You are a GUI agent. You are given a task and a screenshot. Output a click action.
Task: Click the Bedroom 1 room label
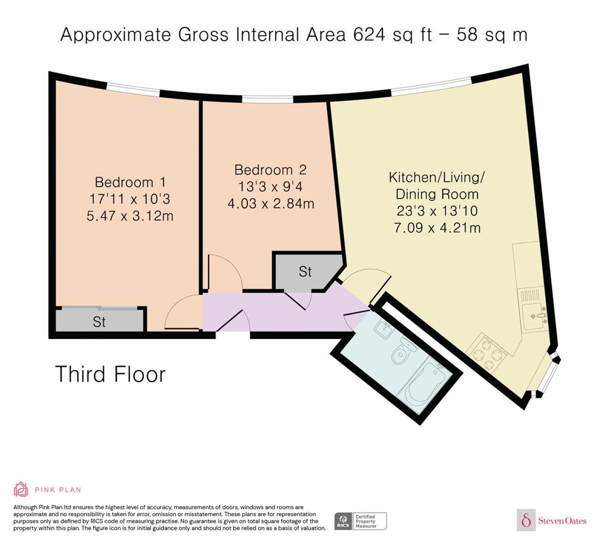(130, 182)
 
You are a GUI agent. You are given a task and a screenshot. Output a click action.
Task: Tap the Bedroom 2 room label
(270, 170)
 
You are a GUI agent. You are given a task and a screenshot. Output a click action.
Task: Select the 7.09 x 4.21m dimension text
(437, 228)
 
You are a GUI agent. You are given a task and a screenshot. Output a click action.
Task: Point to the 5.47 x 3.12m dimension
(130, 216)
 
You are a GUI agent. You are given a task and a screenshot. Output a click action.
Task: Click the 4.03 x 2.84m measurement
(271, 204)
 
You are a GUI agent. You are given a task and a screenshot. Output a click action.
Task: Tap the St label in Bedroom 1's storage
(99, 322)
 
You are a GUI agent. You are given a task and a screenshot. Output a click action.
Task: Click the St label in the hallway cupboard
(305, 272)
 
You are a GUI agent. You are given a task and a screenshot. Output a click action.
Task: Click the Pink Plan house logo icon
(21, 490)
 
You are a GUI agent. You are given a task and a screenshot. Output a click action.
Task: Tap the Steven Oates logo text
(562, 521)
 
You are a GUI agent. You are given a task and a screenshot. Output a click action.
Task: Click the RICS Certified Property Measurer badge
(360, 521)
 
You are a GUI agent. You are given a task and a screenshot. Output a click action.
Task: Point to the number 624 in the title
(369, 35)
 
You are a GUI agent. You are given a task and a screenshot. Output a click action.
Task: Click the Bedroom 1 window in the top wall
(133, 89)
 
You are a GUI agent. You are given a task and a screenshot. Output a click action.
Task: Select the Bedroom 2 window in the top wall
(267, 99)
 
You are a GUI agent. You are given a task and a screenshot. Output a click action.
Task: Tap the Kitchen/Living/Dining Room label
(437, 186)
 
